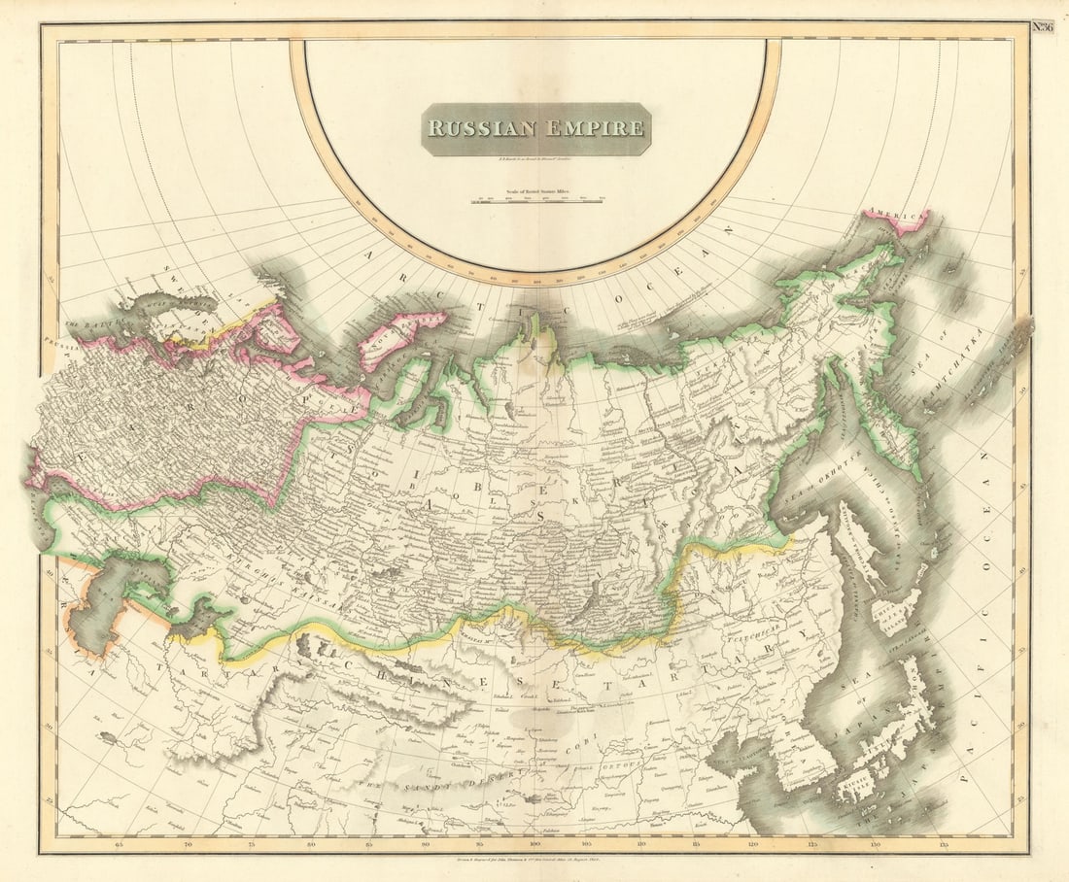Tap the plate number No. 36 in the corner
pyautogui.click(x=1042, y=27)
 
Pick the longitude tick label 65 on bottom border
pyautogui.click(x=120, y=844)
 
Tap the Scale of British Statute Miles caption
pyautogui.click(x=536, y=193)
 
